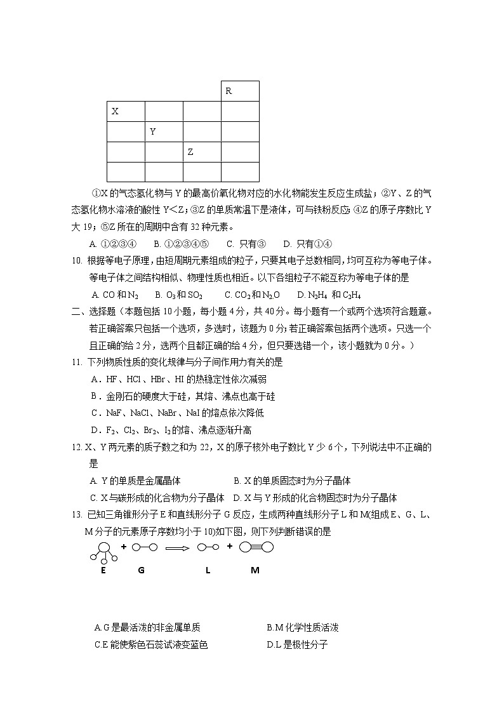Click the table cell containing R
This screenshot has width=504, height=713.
(x=240, y=91)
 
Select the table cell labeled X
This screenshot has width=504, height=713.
(x=126, y=111)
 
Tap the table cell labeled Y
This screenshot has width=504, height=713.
(x=164, y=131)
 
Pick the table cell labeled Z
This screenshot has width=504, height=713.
(x=202, y=152)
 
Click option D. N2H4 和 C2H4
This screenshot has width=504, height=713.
(x=334, y=295)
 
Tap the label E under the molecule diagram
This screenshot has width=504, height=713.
(x=103, y=570)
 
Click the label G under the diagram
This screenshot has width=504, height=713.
(x=141, y=570)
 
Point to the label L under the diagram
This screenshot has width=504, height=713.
(x=208, y=570)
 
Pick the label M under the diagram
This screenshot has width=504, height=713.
(x=255, y=570)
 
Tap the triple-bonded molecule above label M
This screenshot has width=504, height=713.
(x=256, y=547)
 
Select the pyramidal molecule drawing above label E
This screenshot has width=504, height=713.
(x=103, y=552)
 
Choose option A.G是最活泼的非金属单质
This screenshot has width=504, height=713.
(x=147, y=628)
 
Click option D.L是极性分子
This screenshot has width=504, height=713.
(x=297, y=645)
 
